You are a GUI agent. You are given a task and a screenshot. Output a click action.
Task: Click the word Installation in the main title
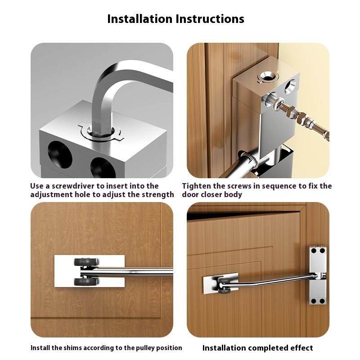(140, 19)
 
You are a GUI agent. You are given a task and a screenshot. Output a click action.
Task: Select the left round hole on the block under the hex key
(60, 154)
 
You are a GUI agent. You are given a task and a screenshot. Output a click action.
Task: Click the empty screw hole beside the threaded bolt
(290, 86)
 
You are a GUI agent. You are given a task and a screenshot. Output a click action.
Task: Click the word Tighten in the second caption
(195, 186)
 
